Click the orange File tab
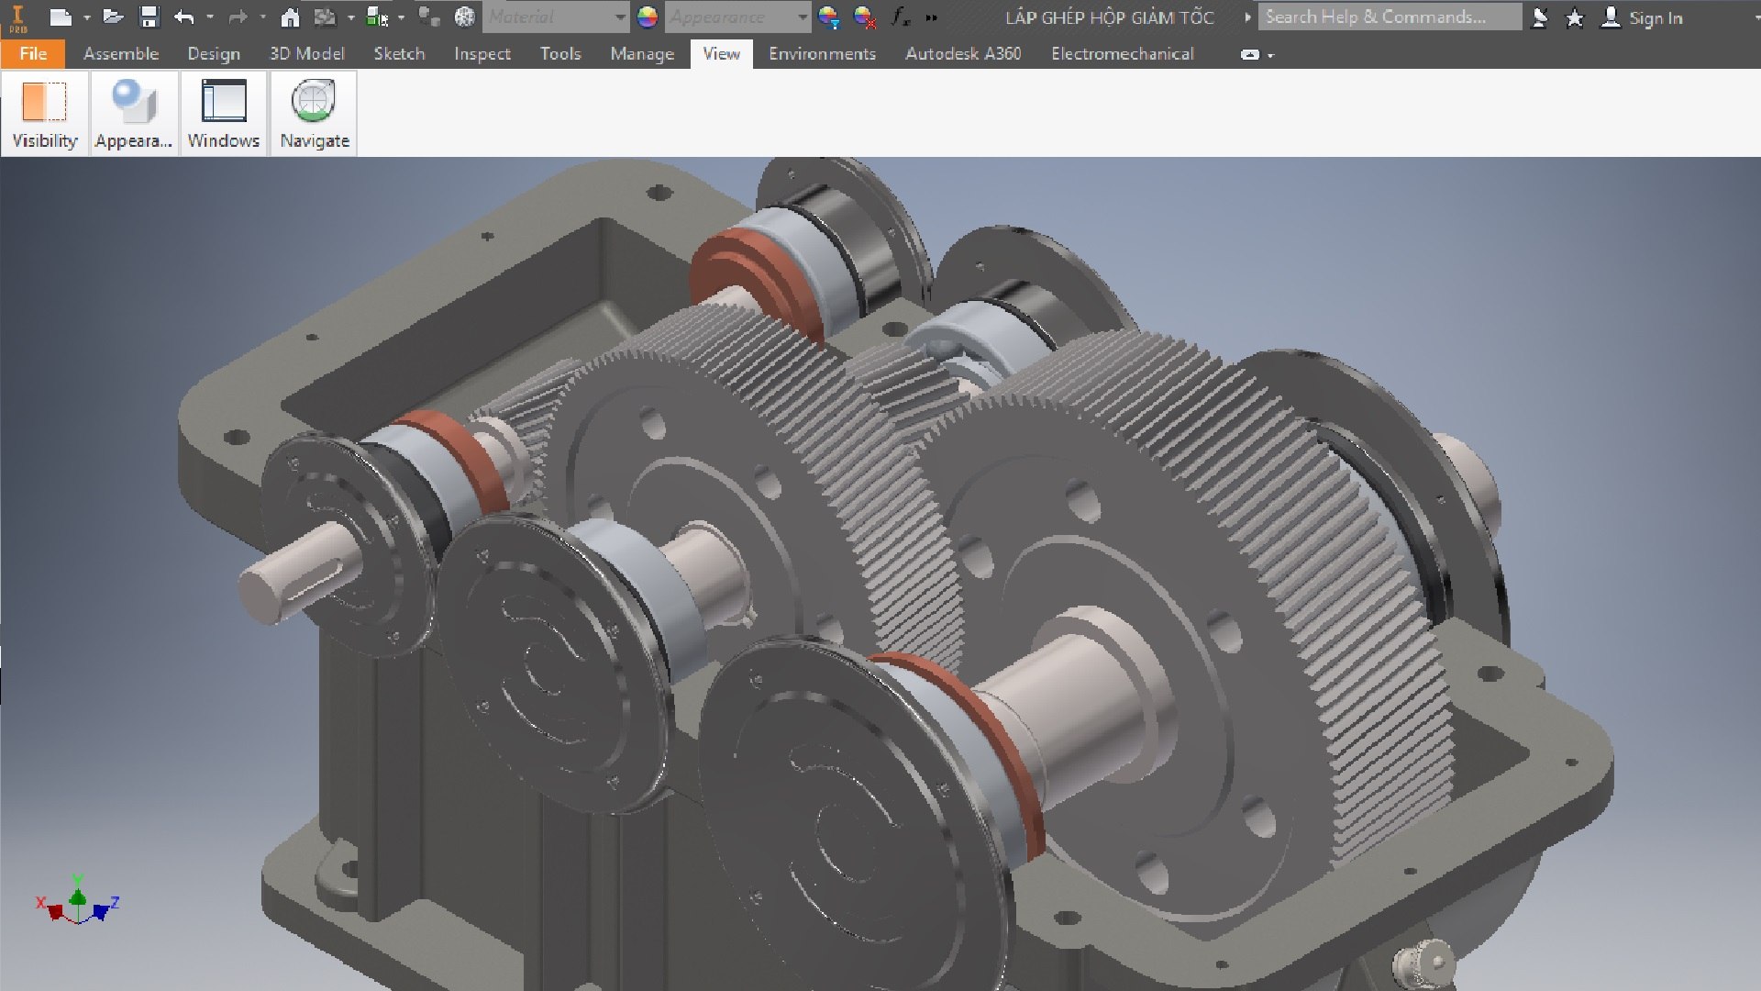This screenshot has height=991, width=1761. pos(33,53)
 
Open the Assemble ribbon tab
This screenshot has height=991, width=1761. pos(121,53)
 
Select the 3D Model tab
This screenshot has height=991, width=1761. pos(306,53)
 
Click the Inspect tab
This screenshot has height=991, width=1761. pos(482,53)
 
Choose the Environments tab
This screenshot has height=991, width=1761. pos(822,53)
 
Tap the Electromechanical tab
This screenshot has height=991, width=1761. pos(1122,53)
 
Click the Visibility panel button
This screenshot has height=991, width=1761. pos(44,114)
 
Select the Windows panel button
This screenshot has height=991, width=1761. pos(223,114)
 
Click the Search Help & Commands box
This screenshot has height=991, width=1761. pos(1388,17)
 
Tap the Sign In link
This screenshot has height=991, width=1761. pos(1655,17)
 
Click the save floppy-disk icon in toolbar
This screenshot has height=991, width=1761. pos(149,17)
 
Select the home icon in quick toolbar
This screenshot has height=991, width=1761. pos(290,17)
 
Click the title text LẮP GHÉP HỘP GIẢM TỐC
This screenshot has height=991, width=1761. pos(1109,17)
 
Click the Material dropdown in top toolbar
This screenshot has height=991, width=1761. pos(554,17)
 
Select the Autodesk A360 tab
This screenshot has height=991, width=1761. pos(962,53)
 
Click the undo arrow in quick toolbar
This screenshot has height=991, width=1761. pos(184,17)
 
